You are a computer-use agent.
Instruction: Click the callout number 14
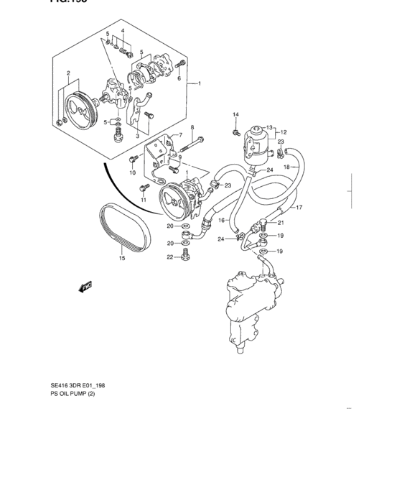[235, 115]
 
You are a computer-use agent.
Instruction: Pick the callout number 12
[283, 132]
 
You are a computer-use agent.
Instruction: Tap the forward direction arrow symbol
[87, 286]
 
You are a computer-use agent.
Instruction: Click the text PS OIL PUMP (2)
[73, 403]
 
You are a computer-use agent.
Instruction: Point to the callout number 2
[68, 73]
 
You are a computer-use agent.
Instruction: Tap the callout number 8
[192, 127]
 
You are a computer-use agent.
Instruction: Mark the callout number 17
[299, 208]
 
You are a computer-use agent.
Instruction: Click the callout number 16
[222, 220]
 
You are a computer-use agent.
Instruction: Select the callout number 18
[287, 167]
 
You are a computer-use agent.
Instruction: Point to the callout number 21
[281, 223]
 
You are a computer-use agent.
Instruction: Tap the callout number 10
[133, 173]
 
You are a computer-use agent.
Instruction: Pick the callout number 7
[180, 135]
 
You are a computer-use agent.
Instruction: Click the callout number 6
[179, 78]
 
